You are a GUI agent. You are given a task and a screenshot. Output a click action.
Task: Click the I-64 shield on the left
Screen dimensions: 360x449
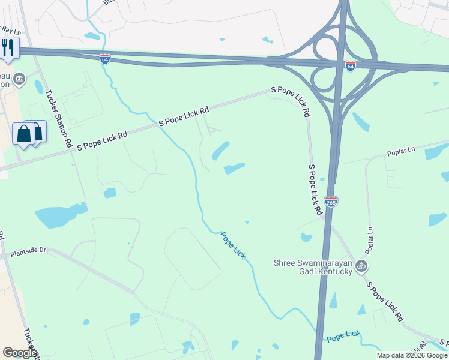point(105,59)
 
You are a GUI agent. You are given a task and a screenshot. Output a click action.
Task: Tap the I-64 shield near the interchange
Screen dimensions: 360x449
point(351,65)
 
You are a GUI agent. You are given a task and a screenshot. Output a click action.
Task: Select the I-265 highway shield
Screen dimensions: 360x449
point(331,202)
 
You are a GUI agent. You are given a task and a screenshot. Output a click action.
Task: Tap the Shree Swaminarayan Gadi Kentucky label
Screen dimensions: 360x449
point(312,267)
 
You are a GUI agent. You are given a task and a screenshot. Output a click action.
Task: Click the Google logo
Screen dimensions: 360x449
point(19,353)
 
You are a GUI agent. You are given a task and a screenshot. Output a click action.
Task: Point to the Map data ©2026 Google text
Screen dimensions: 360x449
point(412,355)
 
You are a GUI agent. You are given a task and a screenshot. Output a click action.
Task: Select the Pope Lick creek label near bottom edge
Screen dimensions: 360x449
point(343,335)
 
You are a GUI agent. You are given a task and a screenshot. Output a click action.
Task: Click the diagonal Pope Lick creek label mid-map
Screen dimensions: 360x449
point(233,245)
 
